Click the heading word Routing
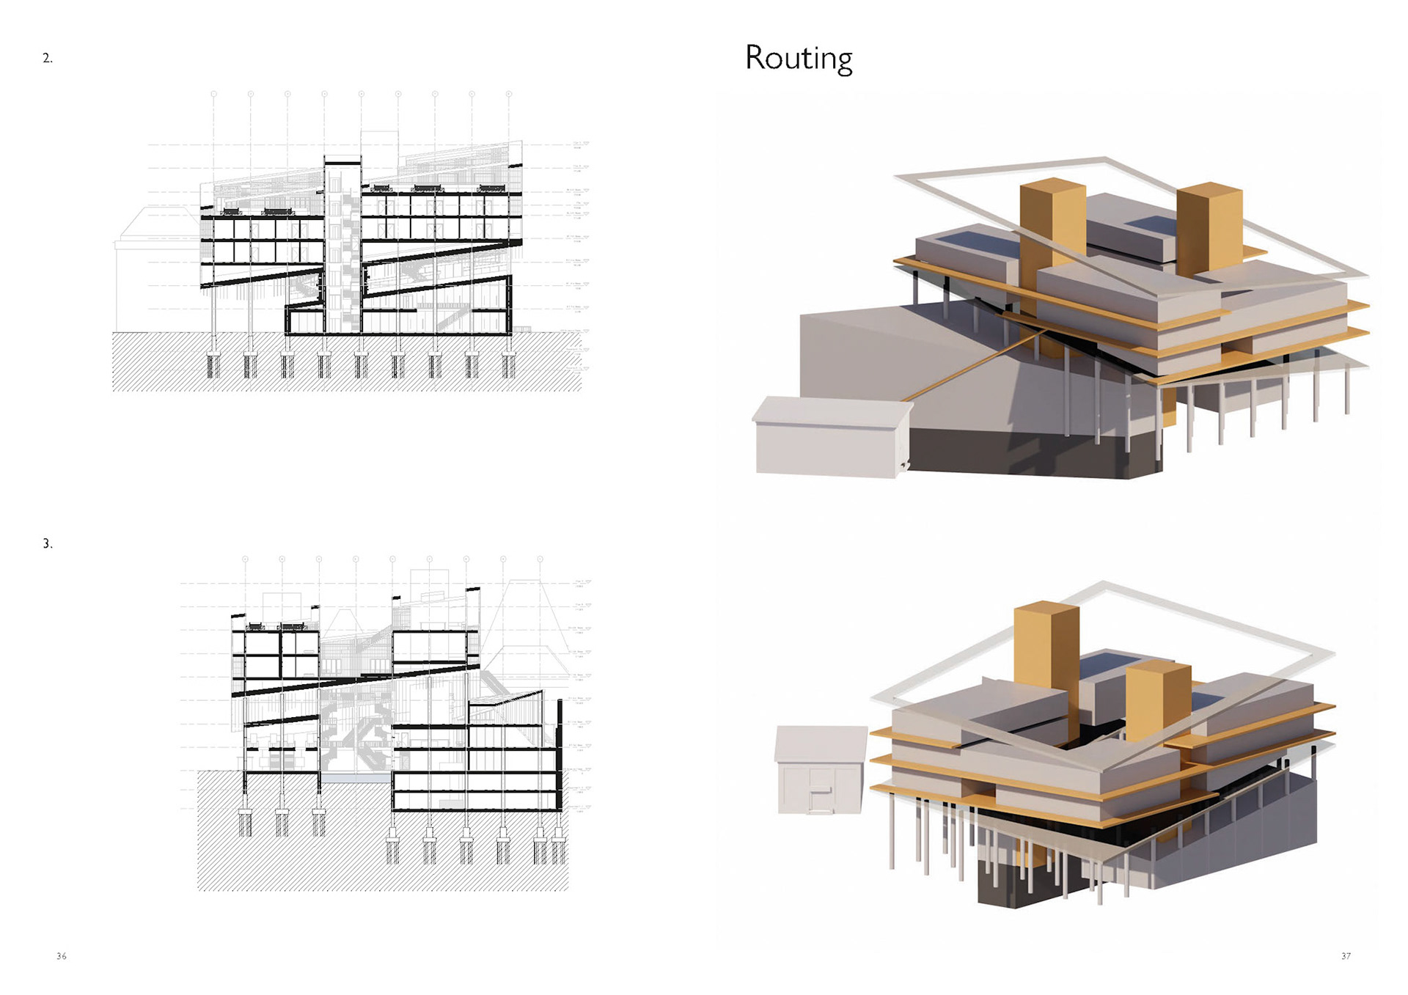point(799,59)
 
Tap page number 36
point(62,956)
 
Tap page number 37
point(1346,956)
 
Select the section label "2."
point(48,59)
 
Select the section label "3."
point(48,544)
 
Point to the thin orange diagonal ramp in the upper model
point(975,364)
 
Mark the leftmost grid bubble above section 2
point(214,95)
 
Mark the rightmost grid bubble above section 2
point(509,95)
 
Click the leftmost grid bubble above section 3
point(246,559)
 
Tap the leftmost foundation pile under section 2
point(214,364)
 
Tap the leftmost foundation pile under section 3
point(246,823)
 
